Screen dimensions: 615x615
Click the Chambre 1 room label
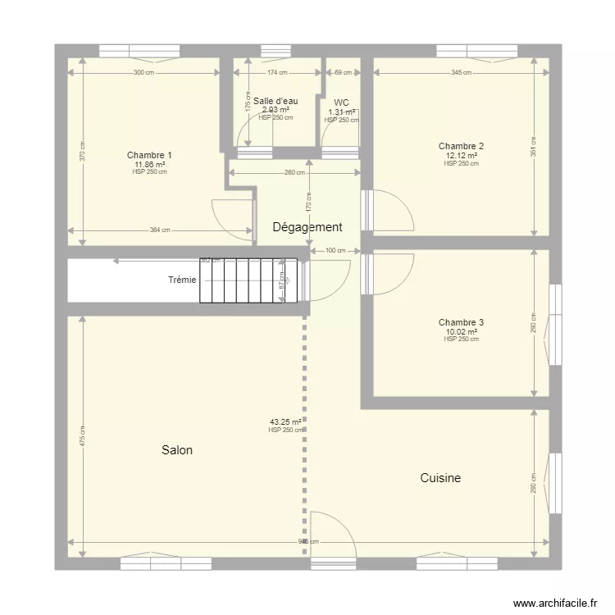click(149, 155)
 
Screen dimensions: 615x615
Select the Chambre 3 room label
click(461, 322)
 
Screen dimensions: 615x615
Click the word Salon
click(177, 450)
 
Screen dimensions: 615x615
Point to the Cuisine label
click(440, 478)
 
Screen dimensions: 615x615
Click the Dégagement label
click(307, 227)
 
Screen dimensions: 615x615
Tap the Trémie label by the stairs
click(182, 280)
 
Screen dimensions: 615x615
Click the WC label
click(342, 102)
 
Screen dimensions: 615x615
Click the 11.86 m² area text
click(149, 164)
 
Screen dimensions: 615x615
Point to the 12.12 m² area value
click(461, 155)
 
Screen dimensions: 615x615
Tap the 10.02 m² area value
click(461, 331)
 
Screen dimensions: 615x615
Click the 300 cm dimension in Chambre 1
click(143, 73)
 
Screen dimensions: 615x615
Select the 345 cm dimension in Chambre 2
click(461, 73)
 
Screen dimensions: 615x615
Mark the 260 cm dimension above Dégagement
click(296, 172)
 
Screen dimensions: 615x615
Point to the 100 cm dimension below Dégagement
click(335, 250)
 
